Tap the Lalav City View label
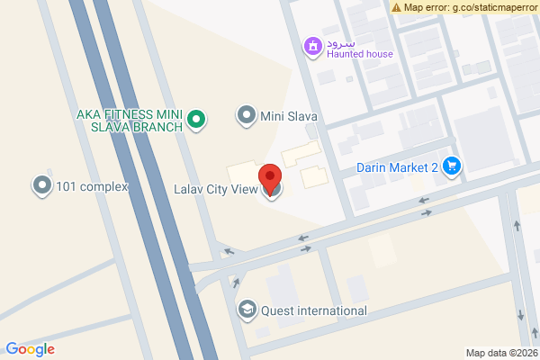216,189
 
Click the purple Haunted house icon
312,46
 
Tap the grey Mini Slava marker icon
246,114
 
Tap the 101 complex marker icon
41,186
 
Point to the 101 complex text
92,187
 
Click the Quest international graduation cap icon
246,310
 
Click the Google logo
30,349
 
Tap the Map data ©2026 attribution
500,353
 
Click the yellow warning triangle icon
397,7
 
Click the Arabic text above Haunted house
342,42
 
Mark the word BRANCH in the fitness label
159,126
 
